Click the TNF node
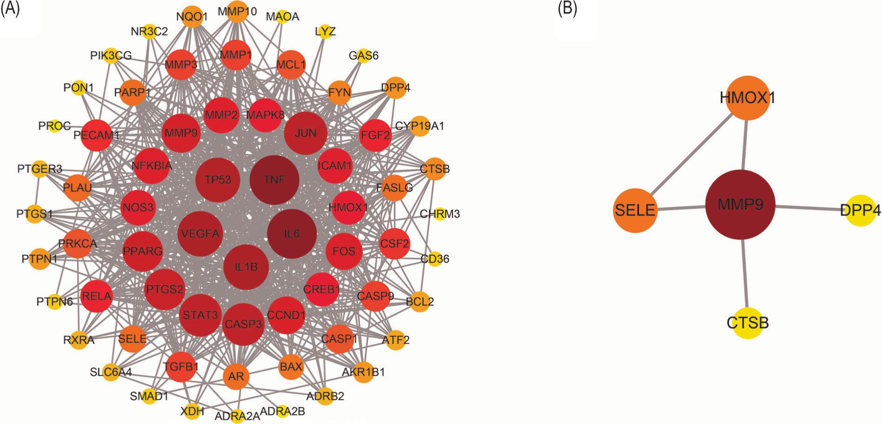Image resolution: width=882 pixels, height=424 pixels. click(x=274, y=180)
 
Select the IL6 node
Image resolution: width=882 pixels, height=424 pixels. click(x=292, y=234)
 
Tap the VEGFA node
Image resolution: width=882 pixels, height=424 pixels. click(x=200, y=234)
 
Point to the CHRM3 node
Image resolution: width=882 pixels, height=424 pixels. click(x=439, y=214)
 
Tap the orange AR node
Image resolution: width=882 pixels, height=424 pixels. click(x=236, y=376)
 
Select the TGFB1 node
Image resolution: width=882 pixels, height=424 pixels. click(x=181, y=366)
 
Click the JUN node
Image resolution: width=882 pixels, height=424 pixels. click(x=305, y=133)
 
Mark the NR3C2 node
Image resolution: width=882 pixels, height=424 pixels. click(x=149, y=32)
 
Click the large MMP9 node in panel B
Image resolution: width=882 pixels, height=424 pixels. click(x=740, y=205)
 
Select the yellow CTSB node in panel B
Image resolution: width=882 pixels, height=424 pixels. click(x=748, y=323)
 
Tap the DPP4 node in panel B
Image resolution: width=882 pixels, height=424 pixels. click(x=860, y=210)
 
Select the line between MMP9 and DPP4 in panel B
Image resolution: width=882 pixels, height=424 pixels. click(x=809, y=208)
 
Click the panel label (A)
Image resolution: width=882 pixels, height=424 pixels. click(x=10, y=9)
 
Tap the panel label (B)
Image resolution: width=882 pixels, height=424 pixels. click(x=567, y=9)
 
